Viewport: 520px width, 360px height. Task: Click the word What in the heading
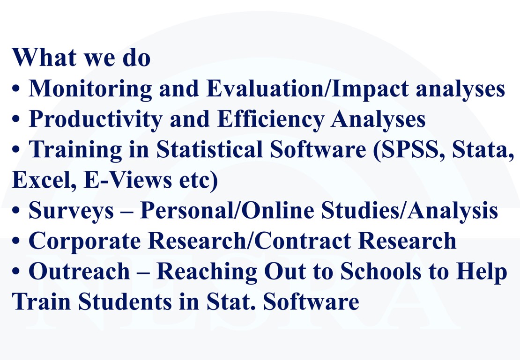[x=44, y=57]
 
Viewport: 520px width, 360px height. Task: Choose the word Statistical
[x=209, y=149]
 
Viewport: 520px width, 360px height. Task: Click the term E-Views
[x=128, y=180]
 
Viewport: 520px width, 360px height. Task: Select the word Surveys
[x=71, y=211]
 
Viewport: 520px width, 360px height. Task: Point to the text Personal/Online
[x=227, y=210]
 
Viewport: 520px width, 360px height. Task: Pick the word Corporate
[x=85, y=242]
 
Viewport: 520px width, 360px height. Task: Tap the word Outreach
[x=79, y=272]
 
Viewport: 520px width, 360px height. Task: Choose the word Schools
[x=381, y=272]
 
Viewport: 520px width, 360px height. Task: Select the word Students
[x=125, y=302]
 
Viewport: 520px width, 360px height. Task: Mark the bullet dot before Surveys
[x=16, y=211]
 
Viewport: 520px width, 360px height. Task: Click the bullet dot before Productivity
[x=16, y=120]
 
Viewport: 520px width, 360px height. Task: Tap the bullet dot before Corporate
[x=16, y=242]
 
